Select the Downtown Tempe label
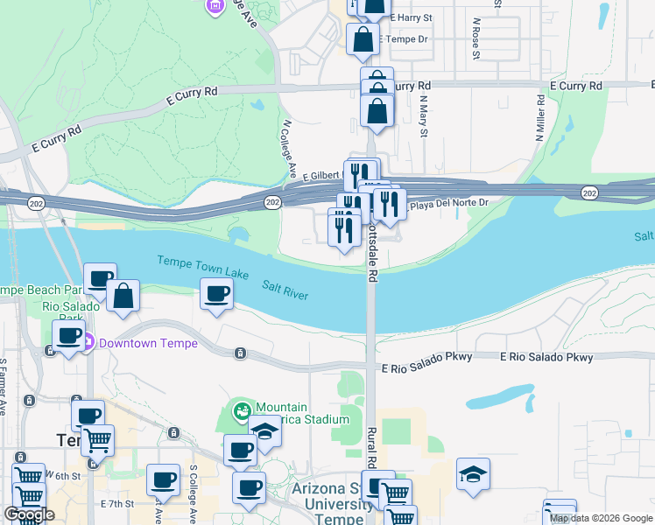pyautogui.click(x=148, y=343)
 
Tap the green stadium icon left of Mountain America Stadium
pyautogui.click(x=241, y=409)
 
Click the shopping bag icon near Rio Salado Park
pyautogui.click(x=123, y=296)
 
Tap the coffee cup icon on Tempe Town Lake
pyautogui.click(x=216, y=294)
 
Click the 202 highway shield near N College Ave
pyautogui.click(x=272, y=203)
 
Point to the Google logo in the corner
pyautogui.click(x=29, y=514)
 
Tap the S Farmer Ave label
pyautogui.click(x=4, y=385)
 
